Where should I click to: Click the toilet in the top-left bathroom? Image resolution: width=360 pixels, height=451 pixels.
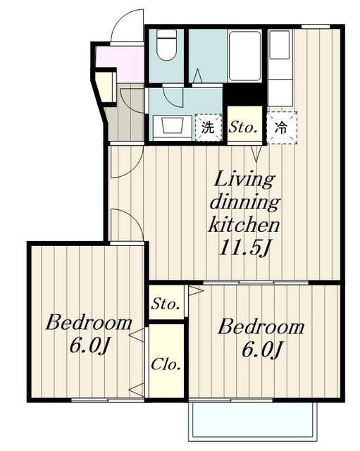pyautogui.click(x=166, y=45)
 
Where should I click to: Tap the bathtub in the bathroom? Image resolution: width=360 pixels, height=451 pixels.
pyautogui.click(x=245, y=56)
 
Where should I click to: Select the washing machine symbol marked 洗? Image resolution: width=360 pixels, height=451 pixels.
pyautogui.click(x=209, y=128)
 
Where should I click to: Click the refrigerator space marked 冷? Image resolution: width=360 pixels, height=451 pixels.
pyautogui.click(x=282, y=128)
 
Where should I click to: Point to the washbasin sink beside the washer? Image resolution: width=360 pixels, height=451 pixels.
pyautogui.click(x=173, y=125)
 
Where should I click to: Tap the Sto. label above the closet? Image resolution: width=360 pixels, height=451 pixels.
pyautogui.click(x=166, y=304)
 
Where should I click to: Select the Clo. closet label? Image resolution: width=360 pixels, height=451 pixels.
pyautogui.click(x=166, y=364)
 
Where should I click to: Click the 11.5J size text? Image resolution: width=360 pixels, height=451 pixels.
pyautogui.click(x=244, y=247)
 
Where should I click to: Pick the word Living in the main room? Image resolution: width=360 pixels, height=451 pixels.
pyautogui.click(x=244, y=180)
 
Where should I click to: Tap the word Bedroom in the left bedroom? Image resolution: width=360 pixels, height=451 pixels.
pyautogui.click(x=89, y=323)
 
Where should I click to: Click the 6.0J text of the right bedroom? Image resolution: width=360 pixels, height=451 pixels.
pyautogui.click(x=261, y=350)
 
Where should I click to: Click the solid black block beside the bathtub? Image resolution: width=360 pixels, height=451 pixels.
pyautogui.click(x=245, y=94)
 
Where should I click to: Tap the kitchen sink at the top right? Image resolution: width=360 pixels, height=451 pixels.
pyautogui.click(x=279, y=45)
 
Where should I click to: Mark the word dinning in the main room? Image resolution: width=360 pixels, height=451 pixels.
pyautogui.click(x=244, y=202)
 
